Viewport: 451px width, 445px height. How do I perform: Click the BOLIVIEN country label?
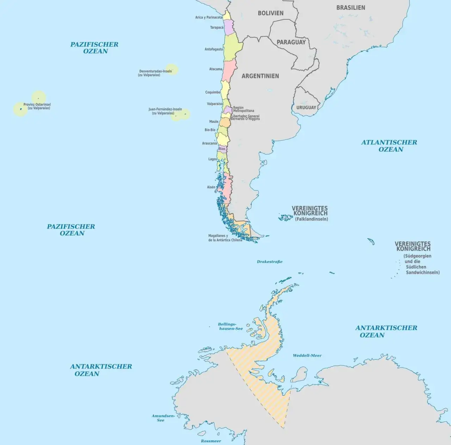pos(271,13)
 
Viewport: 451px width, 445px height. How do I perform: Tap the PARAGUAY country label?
pos(291,42)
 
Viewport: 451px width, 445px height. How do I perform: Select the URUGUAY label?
pos(306,107)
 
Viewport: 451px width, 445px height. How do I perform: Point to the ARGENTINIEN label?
pos(260,76)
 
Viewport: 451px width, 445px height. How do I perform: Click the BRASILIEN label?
pos(351,8)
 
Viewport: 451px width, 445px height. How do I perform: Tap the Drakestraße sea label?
pos(270,262)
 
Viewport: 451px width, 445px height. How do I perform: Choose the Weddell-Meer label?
pos(307,356)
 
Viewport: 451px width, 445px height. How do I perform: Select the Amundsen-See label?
pos(163,418)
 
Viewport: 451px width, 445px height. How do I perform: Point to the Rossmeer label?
pos(211,441)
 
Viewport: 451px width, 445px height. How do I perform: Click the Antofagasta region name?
pos(214,49)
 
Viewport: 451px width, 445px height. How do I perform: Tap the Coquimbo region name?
pos(212,92)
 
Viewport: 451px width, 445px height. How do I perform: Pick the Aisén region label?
pos(211,187)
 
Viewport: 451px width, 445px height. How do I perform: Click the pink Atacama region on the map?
pos(229,70)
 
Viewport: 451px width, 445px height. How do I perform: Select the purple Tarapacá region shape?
pos(229,27)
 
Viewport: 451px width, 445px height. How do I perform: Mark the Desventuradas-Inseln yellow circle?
pos(172,69)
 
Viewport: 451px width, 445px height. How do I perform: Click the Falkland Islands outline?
pos(285,217)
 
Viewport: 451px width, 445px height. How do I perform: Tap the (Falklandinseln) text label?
pos(311,219)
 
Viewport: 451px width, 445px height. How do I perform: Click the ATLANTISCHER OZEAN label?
pos(389,146)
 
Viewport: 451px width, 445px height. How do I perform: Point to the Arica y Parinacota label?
pos(209,17)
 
